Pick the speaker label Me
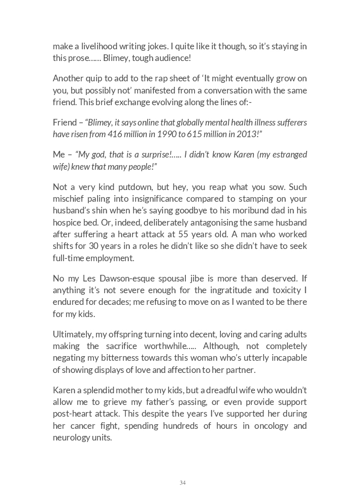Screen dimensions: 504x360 [x=58, y=154]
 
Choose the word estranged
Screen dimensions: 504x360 [x=290, y=154]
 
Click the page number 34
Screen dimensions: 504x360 [x=182, y=483]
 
